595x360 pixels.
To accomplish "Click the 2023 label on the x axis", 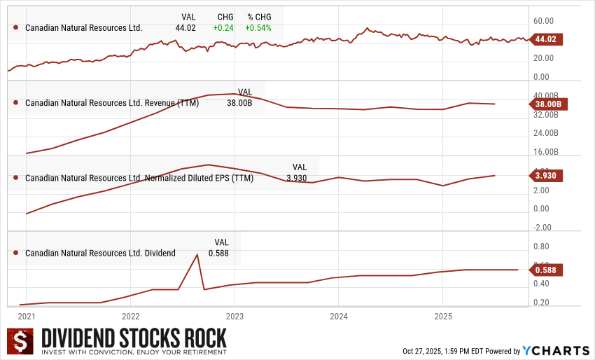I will [234, 316].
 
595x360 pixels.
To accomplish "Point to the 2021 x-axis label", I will [27, 316].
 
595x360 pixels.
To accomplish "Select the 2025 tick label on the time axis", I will [442, 316].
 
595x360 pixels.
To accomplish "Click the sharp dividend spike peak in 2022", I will [197, 254].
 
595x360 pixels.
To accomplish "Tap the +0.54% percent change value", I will [258, 28].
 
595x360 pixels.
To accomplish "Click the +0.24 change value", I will [224, 28].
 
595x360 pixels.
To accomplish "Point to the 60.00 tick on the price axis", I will [543, 21].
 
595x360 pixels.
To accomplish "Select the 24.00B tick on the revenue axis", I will [546, 132].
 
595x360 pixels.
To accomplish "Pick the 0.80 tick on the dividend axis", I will [541, 247].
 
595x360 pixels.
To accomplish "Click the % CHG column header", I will [258, 16].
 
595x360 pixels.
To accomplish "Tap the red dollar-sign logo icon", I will [21, 341].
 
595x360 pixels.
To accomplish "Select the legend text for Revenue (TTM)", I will [112, 103].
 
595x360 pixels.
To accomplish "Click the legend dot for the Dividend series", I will [15, 253].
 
